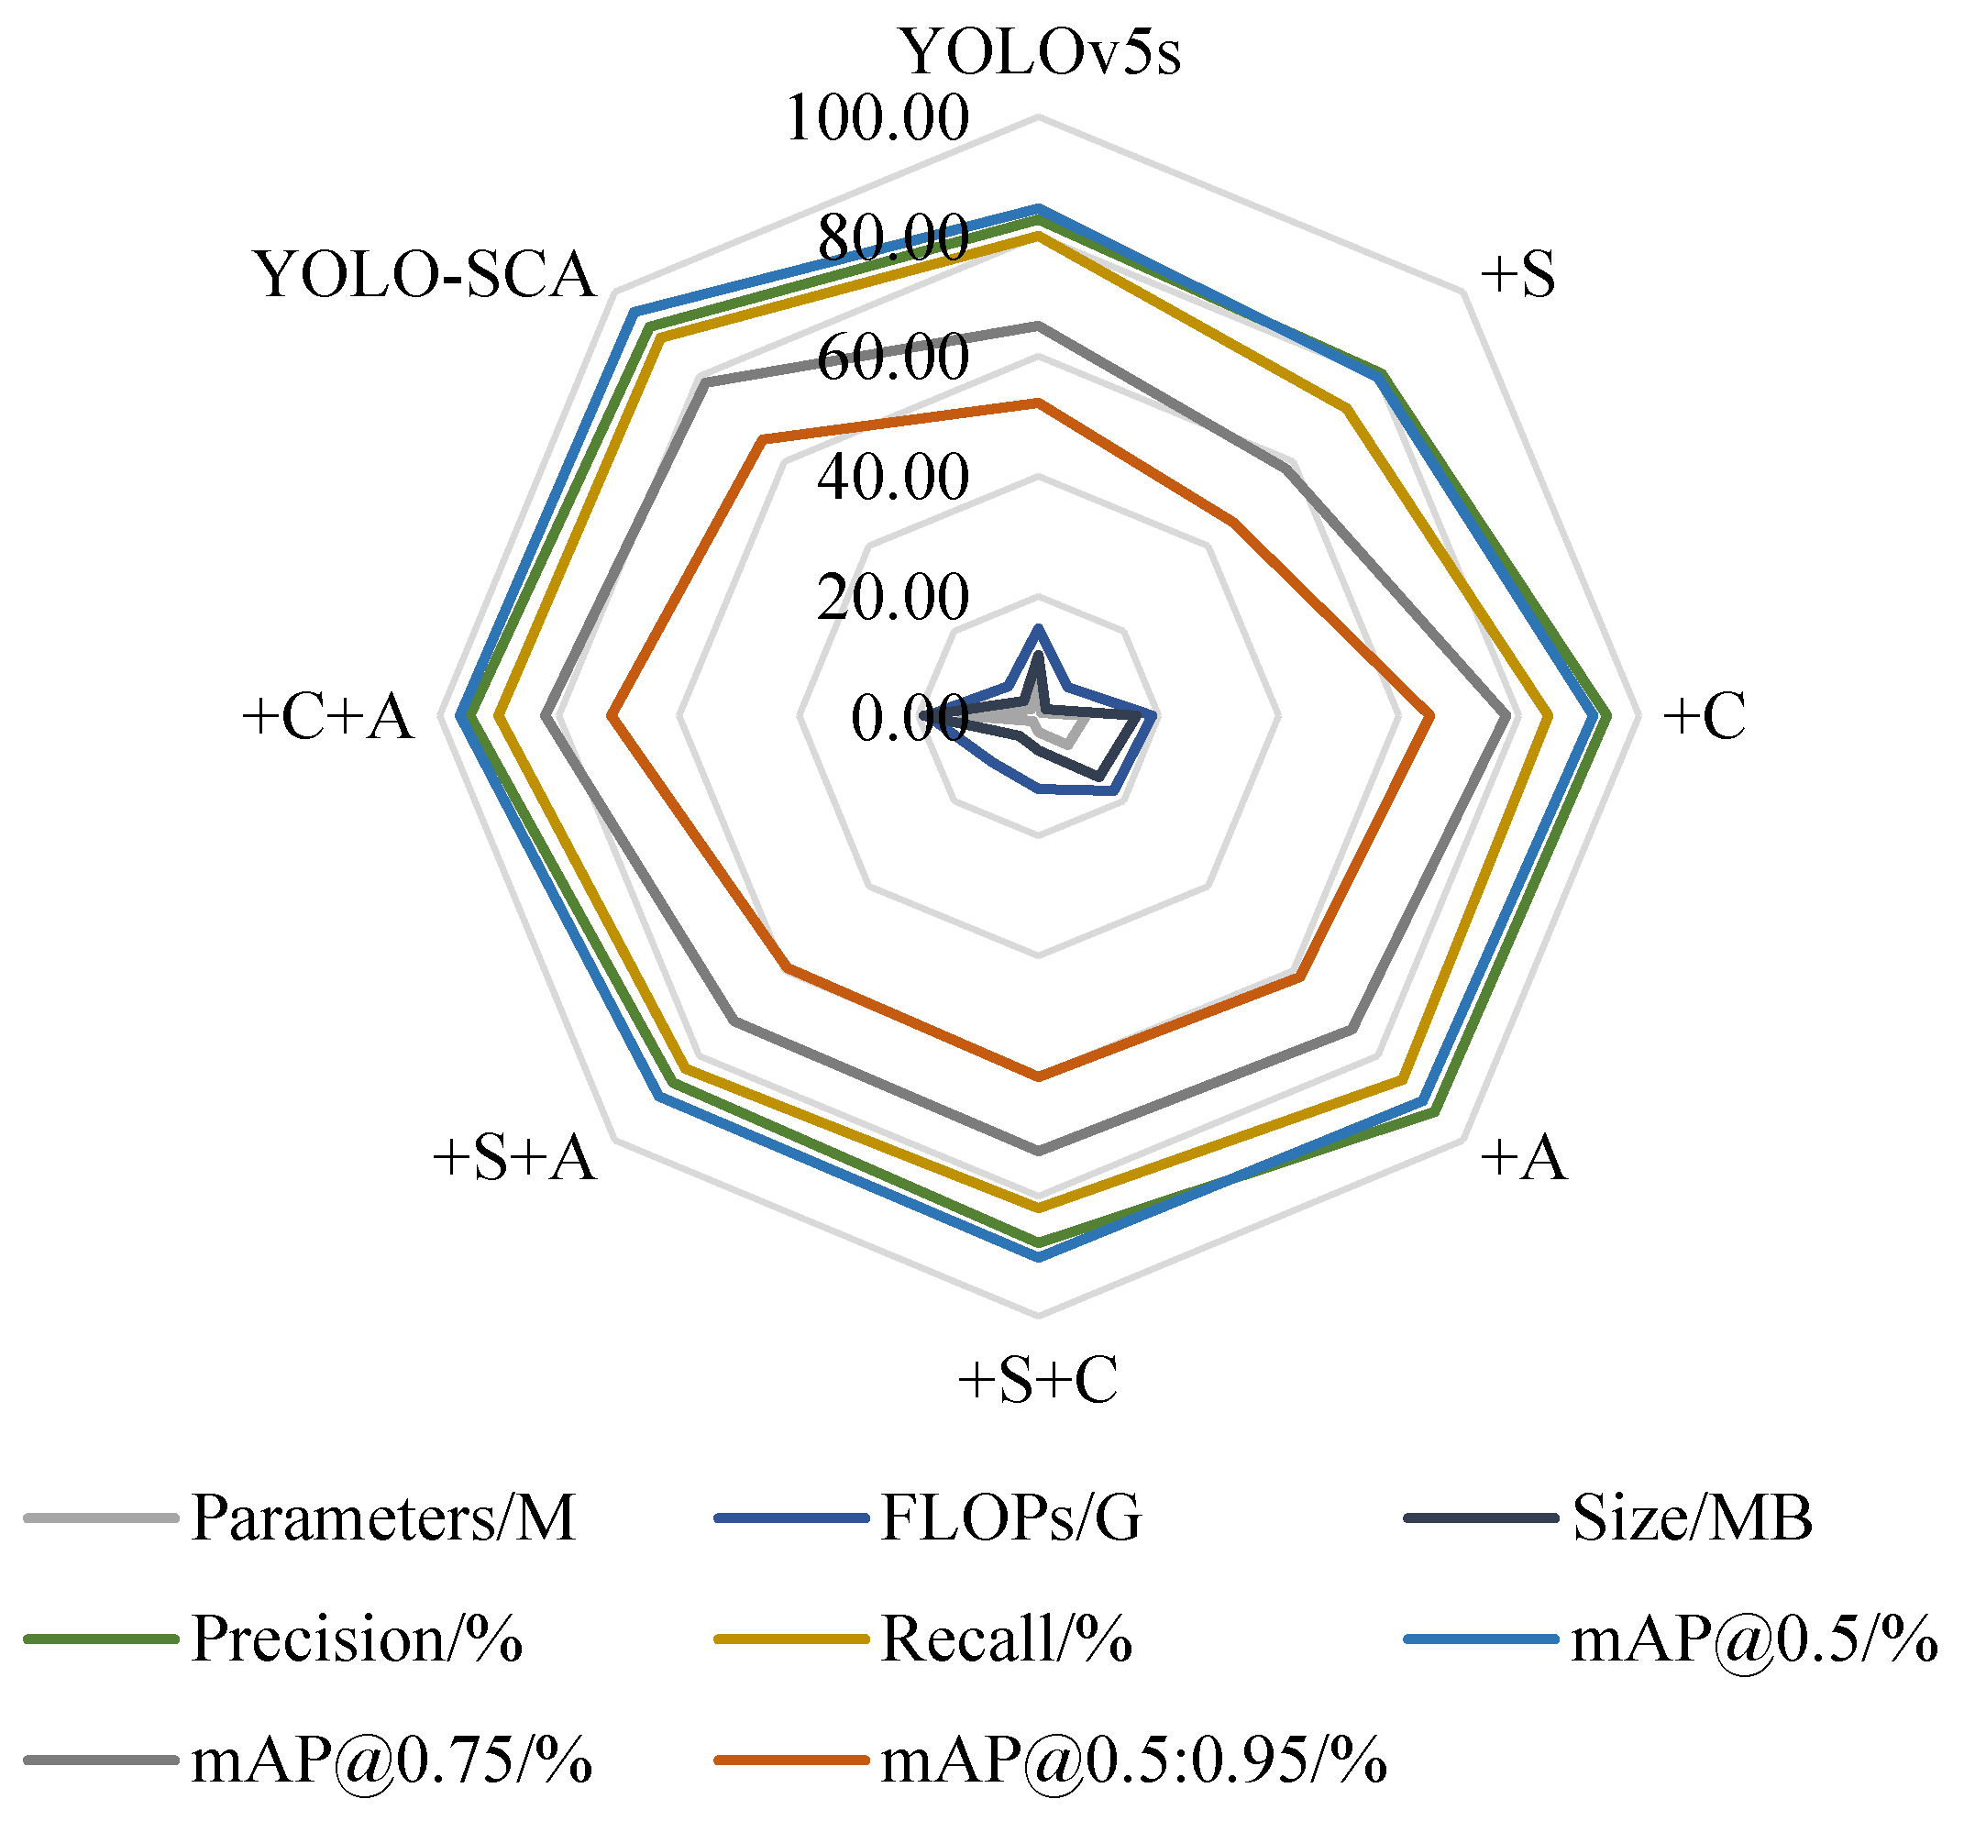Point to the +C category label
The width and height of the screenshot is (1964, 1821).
[x=1704, y=715]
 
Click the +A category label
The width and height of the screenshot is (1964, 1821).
[x=1524, y=1157]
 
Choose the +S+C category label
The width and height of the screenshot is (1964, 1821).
[x=1038, y=1380]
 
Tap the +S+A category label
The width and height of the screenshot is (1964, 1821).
[x=514, y=1157]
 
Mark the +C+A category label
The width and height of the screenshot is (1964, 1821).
[x=327, y=715]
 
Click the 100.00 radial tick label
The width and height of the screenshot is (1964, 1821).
[x=877, y=118]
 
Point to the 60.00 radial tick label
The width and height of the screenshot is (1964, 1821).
[x=893, y=357]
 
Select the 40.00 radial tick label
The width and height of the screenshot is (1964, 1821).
[x=893, y=477]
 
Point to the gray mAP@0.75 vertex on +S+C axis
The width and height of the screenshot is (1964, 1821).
[x=1038, y=1150]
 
